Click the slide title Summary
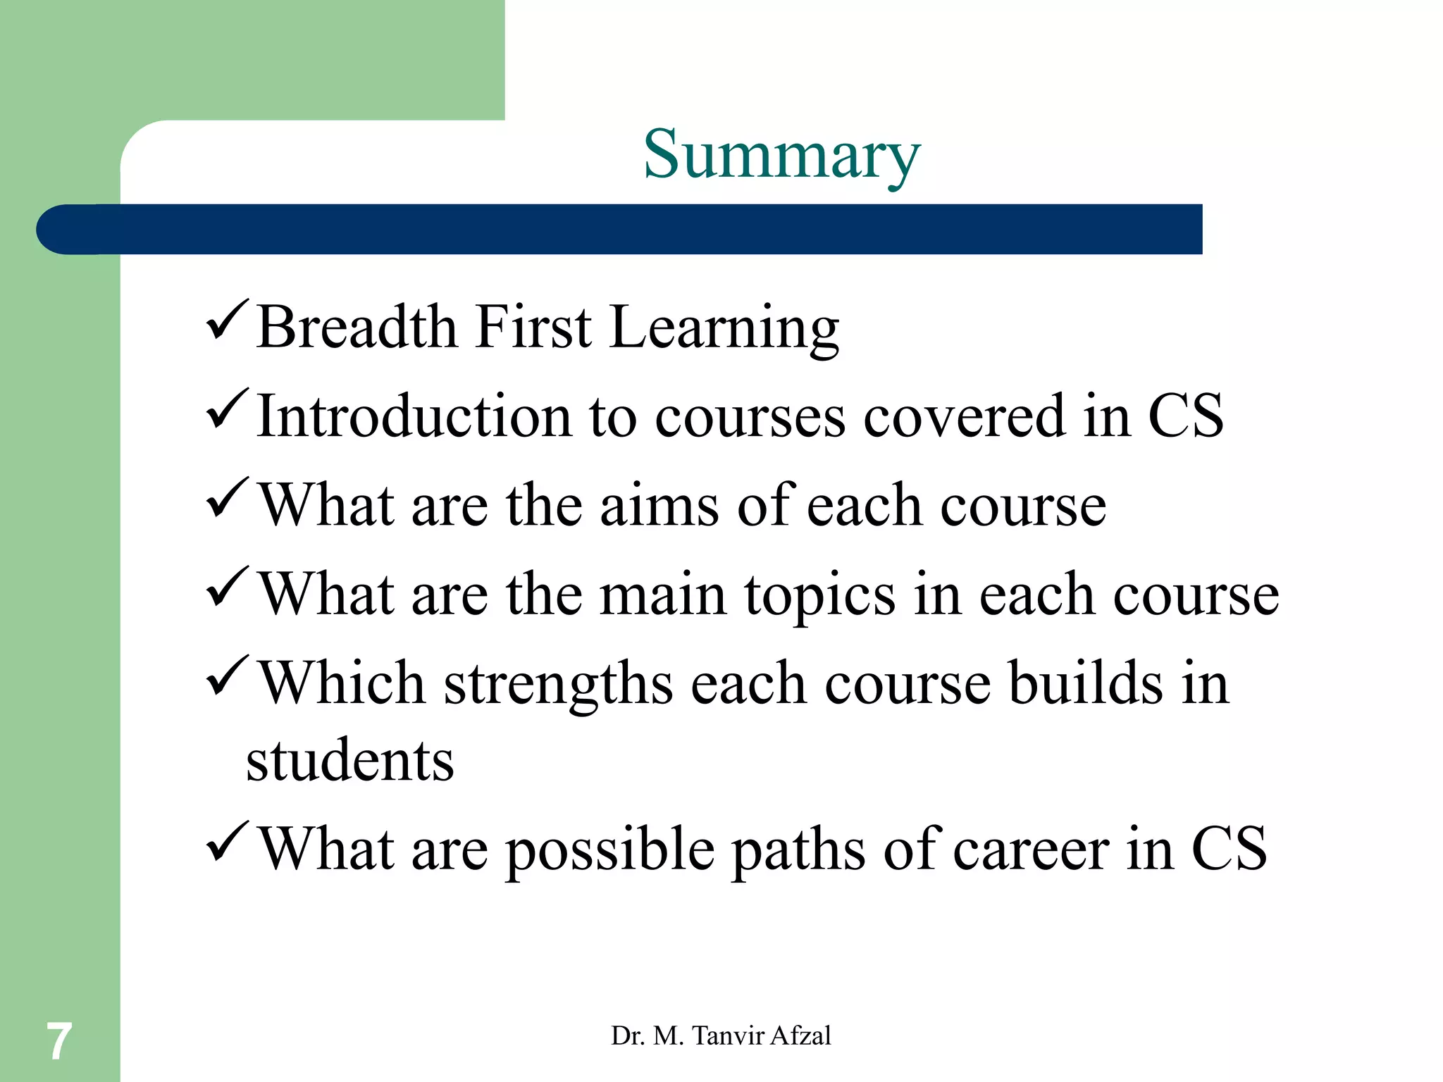(781, 155)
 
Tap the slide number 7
(58, 1041)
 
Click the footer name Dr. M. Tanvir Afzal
(721, 1036)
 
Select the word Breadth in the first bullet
(357, 327)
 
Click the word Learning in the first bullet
(724, 328)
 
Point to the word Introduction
(414, 416)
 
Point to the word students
(350, 761)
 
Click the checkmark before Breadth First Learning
(227, 321)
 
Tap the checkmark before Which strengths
(227, 677)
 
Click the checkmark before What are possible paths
(227, 843)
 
